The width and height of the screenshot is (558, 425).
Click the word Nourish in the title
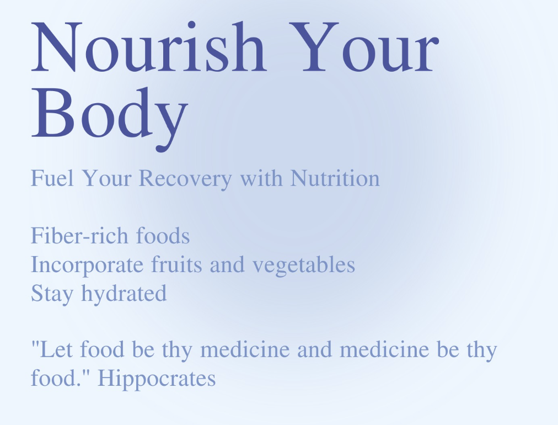coord(149,47)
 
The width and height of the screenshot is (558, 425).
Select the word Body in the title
coord(109,118)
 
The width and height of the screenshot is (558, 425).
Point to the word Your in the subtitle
coord(106,178)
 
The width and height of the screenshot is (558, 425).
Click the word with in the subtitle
coord(261,178)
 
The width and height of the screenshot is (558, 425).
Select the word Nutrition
coord(335,178)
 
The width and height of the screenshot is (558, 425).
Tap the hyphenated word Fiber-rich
coord(79,236)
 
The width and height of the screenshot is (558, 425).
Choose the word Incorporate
coord(87,265)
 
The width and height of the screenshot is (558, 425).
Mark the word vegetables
coord(304,265)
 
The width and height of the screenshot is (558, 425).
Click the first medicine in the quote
coord(245,349)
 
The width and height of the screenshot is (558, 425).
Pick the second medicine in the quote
coord(384,349)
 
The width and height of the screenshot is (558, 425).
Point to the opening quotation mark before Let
coord(35,343)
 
